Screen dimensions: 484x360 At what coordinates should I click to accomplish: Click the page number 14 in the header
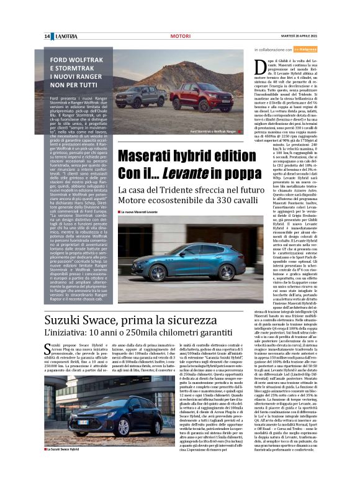47,37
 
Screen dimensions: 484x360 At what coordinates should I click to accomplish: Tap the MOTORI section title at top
180,37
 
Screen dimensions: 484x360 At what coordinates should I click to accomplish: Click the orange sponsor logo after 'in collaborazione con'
304,48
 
